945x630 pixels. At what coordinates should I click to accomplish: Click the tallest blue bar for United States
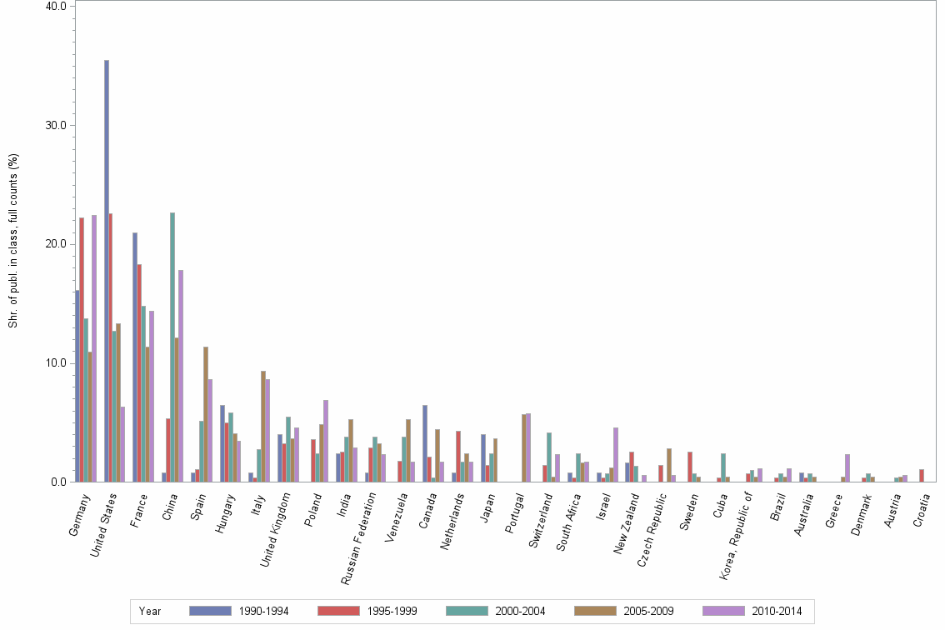(107, 271)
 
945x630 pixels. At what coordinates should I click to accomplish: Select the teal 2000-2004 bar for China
(172, 347)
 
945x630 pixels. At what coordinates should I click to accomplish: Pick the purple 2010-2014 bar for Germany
(94, 348)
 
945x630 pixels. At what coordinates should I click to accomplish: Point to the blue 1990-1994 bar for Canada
(425, 443)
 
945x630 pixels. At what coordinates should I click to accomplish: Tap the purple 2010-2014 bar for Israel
(616, 454)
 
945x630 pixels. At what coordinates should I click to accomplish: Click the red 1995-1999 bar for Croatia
(922, 475)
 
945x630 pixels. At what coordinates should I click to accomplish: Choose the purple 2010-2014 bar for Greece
(847, 467)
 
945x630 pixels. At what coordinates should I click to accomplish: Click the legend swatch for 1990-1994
(210, 611)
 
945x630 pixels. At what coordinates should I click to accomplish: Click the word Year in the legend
(150, 612)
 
